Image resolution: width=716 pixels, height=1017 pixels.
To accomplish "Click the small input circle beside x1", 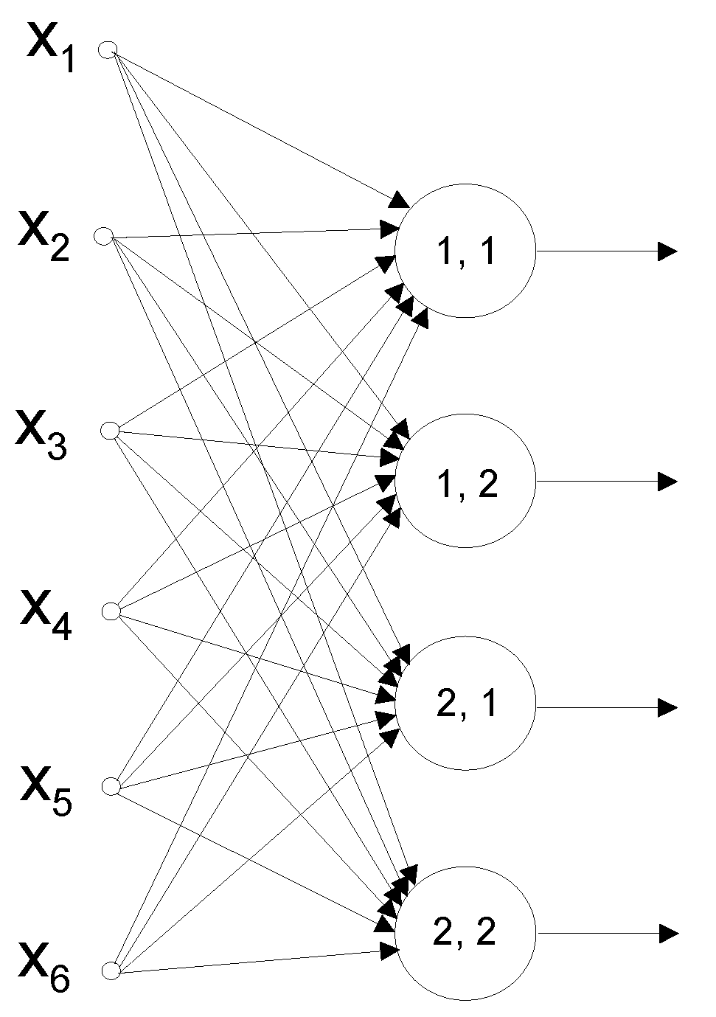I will (108, 50).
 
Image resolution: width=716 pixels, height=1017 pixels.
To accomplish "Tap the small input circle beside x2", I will (104, 237).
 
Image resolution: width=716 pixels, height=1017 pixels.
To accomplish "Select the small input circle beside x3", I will (110, 430).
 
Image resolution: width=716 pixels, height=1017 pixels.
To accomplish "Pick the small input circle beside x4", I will (111, 611).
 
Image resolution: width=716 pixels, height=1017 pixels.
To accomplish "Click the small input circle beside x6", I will (111, 970).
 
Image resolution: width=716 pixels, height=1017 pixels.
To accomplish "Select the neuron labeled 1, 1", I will (465, 251).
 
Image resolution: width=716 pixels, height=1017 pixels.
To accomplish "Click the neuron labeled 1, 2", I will (465, 482).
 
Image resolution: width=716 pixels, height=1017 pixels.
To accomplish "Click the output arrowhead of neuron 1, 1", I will (667, 251).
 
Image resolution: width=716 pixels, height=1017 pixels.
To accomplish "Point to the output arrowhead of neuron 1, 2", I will (667, 482).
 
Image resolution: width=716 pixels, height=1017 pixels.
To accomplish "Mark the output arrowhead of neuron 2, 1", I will (667, 708).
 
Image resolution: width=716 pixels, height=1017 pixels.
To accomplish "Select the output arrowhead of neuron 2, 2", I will (667, 934).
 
